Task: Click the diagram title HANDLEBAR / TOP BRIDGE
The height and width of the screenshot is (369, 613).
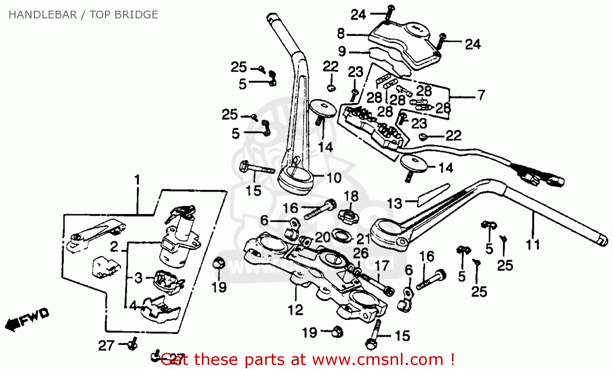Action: point(83,15)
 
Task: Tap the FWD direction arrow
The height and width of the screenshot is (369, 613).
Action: point(27,319)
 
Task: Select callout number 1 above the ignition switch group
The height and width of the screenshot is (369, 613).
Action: point(137,180)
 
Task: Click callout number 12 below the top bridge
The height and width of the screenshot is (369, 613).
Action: point(295,310)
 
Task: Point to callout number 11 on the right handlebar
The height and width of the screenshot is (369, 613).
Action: point(532,244)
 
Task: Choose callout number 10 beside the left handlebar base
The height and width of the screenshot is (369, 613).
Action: point(334,178)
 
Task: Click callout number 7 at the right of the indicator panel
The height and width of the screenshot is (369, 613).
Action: point(481,95)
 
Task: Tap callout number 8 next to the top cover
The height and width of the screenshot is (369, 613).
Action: point(341,34)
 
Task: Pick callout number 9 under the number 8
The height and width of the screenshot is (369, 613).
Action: point(342,51)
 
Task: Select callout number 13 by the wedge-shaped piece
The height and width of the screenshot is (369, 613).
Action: point(394,203)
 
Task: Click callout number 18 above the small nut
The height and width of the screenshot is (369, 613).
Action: point(351,196)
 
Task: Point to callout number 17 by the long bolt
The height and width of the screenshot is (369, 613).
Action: point(382,266)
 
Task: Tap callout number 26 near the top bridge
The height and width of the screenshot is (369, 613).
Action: point(360,253)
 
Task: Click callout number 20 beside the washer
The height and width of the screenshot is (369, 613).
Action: point(322,237)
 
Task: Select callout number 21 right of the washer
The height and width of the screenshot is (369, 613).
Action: point(363,238)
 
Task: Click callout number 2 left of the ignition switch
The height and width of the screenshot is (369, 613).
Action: point(114,246)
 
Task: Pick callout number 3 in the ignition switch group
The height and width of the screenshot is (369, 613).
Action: point(139,278)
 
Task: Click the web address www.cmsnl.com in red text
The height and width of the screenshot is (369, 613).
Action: point(378,360)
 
